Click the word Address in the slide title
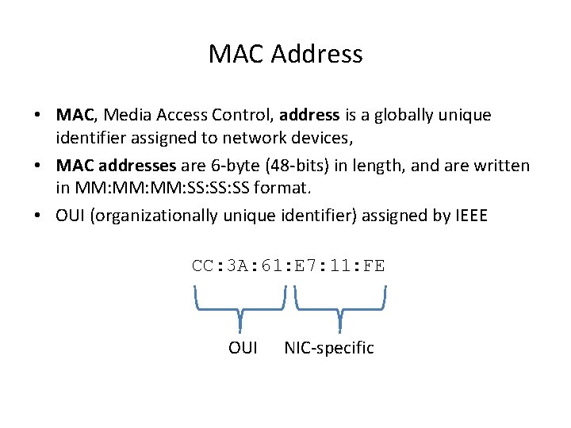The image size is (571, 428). click(316, 54)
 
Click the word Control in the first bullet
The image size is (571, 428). click(238, 115)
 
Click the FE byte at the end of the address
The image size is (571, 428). click(374, 266)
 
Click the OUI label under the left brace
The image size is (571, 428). click(243, 348)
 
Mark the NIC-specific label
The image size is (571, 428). click(328, 348)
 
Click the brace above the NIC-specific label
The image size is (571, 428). click(340, 305)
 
